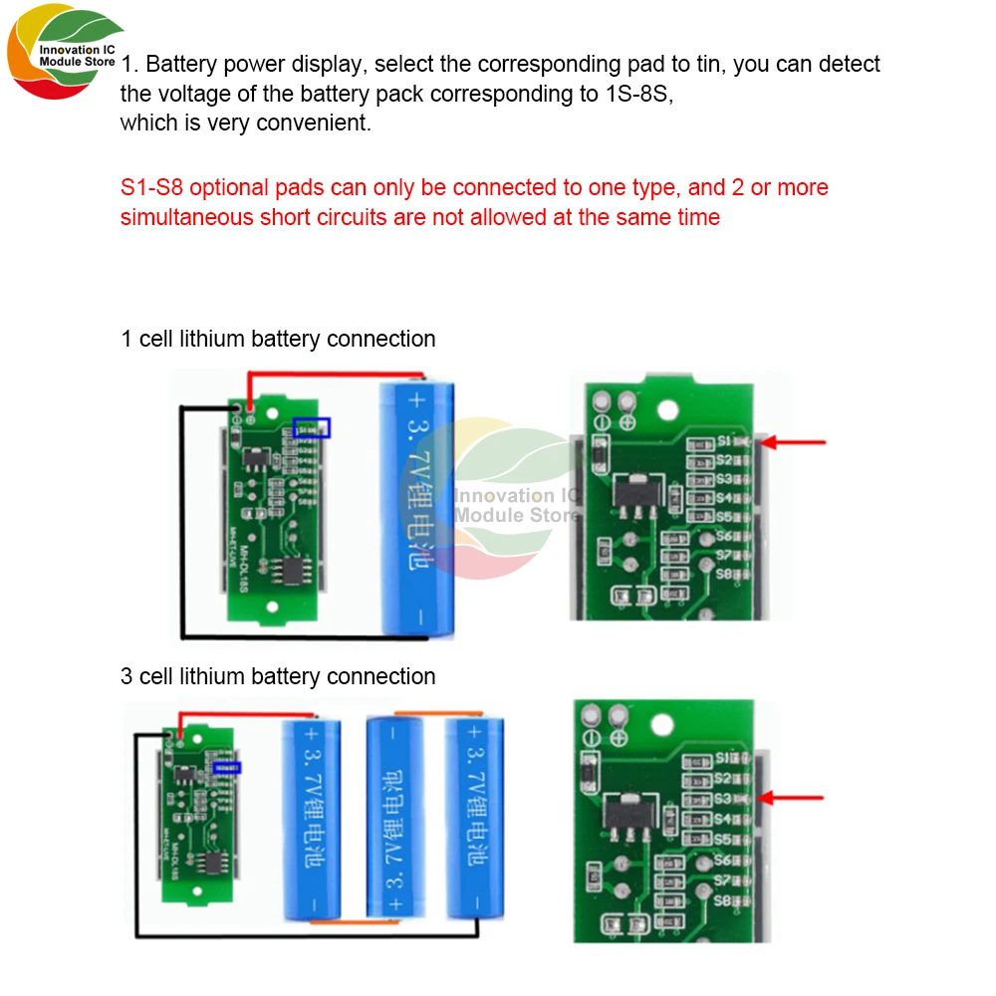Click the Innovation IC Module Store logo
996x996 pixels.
point(62,56)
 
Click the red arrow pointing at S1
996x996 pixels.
point(798,441)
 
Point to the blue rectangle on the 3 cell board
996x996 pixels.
point(227,768)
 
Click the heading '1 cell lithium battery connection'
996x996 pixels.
point(278,339)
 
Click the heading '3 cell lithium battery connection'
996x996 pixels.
point(278,676)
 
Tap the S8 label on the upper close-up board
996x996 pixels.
point(723,575)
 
